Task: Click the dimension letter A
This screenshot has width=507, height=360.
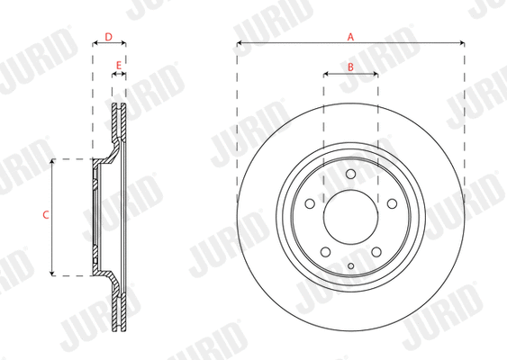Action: [351, 36]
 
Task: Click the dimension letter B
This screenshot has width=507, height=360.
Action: [350, 67]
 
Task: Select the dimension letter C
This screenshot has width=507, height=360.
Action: [45, 215]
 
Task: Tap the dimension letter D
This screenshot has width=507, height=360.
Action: [109, 37]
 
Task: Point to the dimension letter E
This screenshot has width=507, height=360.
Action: [119, 66]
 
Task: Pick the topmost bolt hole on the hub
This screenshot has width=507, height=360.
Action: [350, 174]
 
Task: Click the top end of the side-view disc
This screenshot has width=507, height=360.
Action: [119, 106]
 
